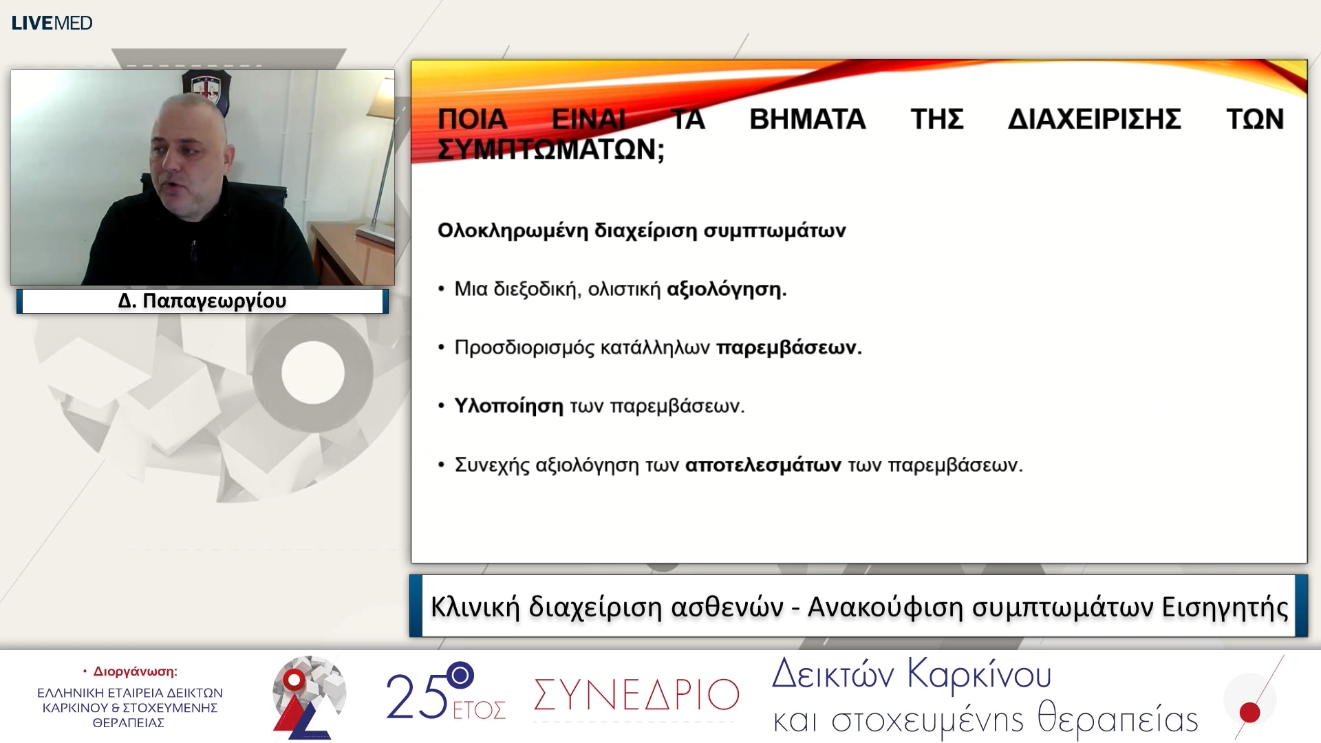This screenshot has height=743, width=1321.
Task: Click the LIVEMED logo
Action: click(x=52, y=23)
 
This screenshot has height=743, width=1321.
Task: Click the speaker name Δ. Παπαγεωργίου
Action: click(x=202, y=301)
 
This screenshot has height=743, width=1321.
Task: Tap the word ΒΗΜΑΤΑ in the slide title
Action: click(x=807, y=119)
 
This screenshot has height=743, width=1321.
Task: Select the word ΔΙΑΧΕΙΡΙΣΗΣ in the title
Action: click(x=1094, y=119)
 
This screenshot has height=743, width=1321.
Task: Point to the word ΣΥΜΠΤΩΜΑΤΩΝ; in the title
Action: click(x=550, y=149)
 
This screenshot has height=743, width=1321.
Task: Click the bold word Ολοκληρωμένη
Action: click(x=513, y=230)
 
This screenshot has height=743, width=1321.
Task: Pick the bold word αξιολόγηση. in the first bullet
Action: click(x=726, y=289)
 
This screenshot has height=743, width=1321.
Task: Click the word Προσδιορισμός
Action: click(x=524, y=347)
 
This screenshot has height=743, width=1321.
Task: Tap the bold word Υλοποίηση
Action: click(x=508, y=406)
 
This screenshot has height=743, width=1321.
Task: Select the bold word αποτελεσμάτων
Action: click(x=762, y=465)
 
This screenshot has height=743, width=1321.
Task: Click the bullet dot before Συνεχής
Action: click(x=442, y=466)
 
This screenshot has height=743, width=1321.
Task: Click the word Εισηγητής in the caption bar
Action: click(x=1225, y=607)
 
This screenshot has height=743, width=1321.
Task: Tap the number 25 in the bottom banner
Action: click(x=416, y=696)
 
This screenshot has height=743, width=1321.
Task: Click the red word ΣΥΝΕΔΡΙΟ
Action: click(x=636, y=695)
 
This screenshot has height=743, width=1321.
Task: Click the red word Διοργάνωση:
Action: click(x=135, y=671)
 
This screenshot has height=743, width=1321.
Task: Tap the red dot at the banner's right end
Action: click(x=1249, y=712)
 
